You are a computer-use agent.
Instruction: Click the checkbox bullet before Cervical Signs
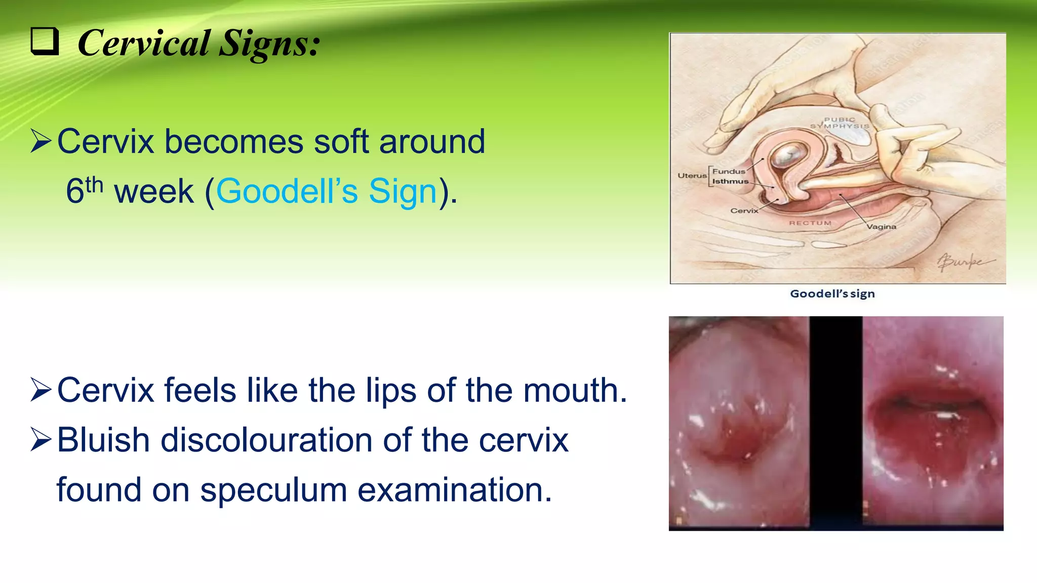(x=45, y=41)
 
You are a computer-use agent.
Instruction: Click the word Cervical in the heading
(x=144, y=44)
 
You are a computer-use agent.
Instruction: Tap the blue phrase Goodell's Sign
(x=327, y=191)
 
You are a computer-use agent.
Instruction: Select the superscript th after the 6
(x=94, y=185)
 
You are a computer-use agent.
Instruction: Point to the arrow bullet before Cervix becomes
(x=41, y=141)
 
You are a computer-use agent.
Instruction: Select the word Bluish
(x=103, y=440)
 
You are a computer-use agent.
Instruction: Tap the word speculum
(x=273, y=490)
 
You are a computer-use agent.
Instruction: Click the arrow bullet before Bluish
(x=41, y=440)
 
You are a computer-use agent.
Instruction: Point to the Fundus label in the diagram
(x=729, y=172)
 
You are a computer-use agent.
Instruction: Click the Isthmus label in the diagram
(x=730, y=181)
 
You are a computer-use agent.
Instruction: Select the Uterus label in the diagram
(x=692, y=176)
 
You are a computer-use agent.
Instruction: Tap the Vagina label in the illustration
(x=882, y=227)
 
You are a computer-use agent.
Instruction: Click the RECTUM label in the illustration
(x=810, y=223)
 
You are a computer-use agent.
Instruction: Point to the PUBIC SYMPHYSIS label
(x=840, y=123)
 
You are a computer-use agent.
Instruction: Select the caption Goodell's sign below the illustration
(x=832, y=294)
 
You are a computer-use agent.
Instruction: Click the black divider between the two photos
(x=835, y=423)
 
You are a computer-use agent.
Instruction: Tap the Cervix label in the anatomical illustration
(x=744, y=211)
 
